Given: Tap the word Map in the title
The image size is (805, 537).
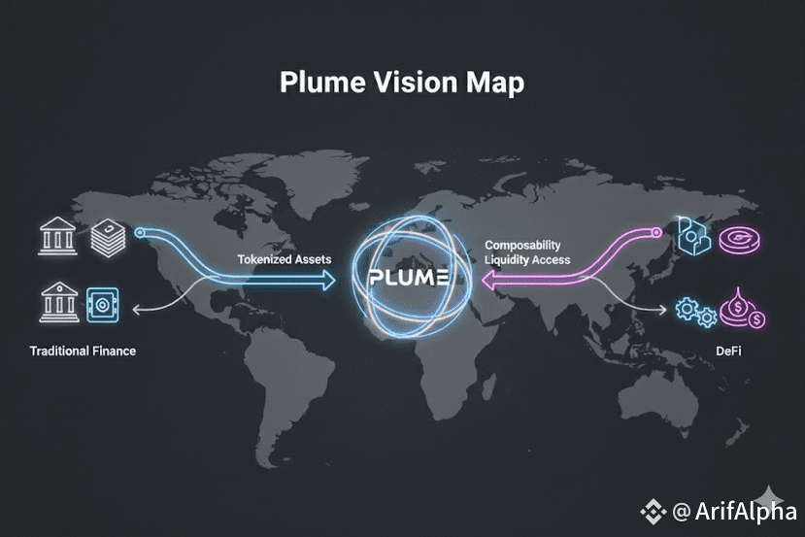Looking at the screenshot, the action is tap(495, 83).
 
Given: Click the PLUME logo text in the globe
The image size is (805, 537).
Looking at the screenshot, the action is tap(408, 278).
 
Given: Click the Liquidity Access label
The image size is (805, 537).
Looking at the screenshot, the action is tap(527, 260).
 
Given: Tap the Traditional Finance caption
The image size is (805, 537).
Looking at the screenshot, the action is tap(83, 350).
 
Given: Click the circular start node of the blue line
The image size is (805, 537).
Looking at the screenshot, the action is tap(141, 233).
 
